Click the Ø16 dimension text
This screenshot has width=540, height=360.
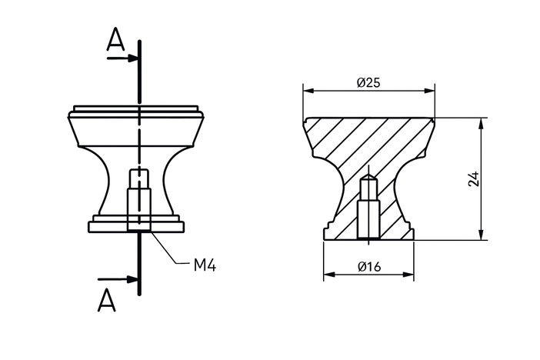click(x=370, y=267)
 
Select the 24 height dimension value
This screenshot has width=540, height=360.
click(x=474, y=178)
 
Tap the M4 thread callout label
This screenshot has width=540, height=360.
click(x=204, y=265)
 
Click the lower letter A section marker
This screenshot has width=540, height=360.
click(x=107, y=299)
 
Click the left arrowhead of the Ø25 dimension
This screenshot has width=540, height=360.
click(x=308, y=91)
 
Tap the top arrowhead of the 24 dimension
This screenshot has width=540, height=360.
click(x=481, y=122)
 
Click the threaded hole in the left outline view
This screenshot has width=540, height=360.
click(x=138, y=202)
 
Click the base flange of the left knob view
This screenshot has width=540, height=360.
click(x=138, y=226)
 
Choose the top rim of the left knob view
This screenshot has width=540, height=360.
click(x=138, y=108)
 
